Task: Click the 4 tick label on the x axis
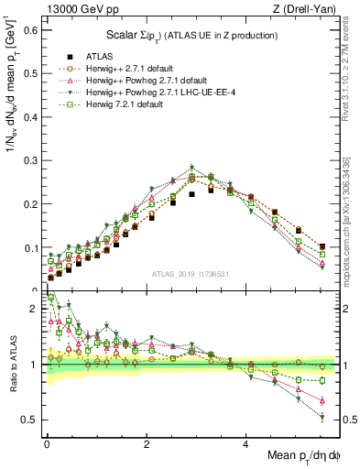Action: (245, 444)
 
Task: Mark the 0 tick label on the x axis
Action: (47, 444)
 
